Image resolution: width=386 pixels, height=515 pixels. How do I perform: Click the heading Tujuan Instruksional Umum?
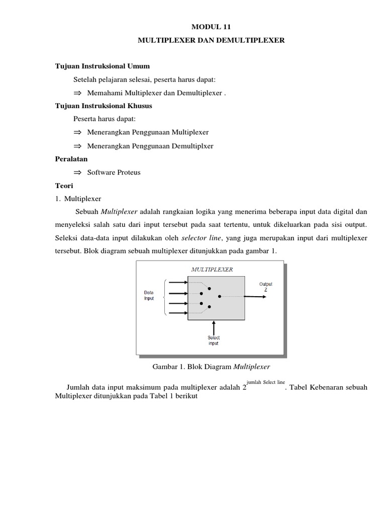click(x=102, y=66)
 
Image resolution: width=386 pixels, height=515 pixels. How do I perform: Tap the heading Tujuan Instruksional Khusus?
click(x=104, y=106)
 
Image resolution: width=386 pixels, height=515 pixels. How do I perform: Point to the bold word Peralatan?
click(x=71, y=158)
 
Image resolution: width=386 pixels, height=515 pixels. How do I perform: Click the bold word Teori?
click(x=64, y=185)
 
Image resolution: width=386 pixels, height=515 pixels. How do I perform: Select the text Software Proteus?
click(x=114, y=172)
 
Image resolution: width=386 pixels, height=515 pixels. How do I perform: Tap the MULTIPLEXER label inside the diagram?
click(x=212, y=270)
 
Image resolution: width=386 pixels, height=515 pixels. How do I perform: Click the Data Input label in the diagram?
click(x=149, y=295)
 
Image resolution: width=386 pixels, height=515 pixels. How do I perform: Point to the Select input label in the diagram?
click(x=214, y=340)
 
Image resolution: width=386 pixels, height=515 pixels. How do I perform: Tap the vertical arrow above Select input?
click(x=214, y=326)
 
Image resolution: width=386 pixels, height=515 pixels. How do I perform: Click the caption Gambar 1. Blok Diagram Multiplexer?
click(x=211, y=367)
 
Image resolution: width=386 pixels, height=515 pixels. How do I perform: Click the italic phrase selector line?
click(x=202, y=237)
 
